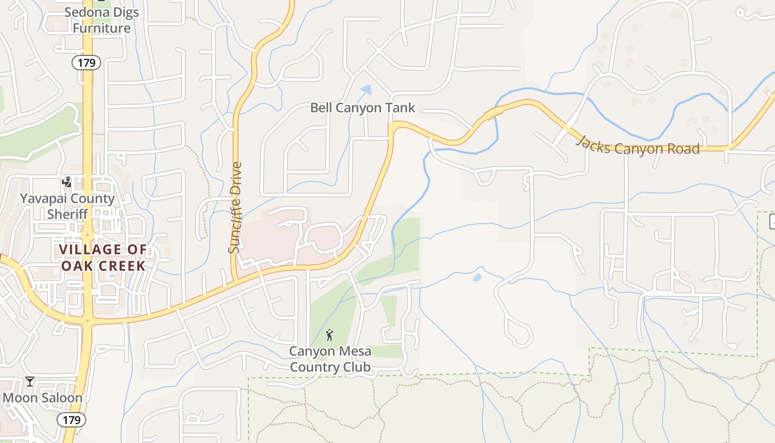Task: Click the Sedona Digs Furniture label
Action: [x=101, y=20]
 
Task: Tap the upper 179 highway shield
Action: [x=86, y=63]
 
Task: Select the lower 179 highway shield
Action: [x=71, y=420]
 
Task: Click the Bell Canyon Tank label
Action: [x=363, y=107]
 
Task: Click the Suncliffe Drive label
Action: [x=235, y=208]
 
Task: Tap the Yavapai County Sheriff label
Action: [x=68, y=206]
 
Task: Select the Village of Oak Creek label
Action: [x=103, y=257]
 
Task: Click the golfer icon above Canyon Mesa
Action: [x=330, y=335]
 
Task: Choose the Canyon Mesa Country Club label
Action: [x=330, y=359]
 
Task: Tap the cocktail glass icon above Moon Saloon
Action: [x=29, y=382]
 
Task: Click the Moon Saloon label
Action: [x=43, y=398]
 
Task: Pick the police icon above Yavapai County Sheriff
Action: [x=67, y=182]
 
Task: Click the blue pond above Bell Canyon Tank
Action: [x=365, y=89]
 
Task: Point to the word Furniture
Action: [x=102, y=28]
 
